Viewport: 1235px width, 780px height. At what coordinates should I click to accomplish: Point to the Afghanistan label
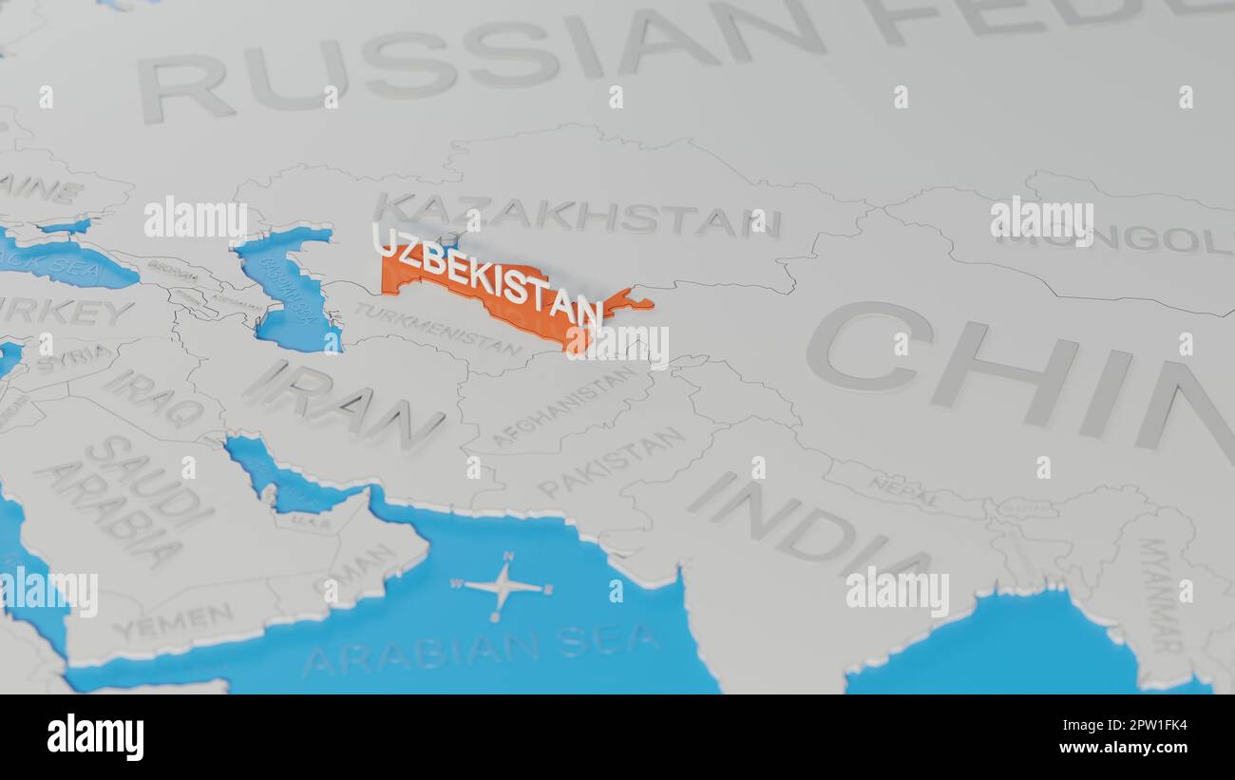coord(564,407)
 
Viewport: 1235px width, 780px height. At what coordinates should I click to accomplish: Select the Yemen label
coord(173,620)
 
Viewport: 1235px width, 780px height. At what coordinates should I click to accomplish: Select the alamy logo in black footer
coord(95,736)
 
